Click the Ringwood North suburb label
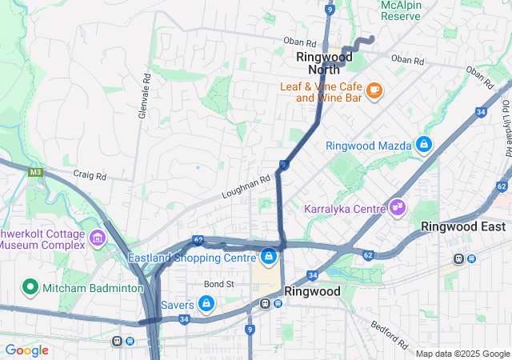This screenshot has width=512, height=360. coord(324,63)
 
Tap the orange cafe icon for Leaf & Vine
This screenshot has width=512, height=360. coord(374,90)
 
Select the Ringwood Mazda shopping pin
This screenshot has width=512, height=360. coord(423,145)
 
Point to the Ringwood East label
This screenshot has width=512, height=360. coord(463,226)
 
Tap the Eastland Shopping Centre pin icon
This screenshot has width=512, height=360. coord(269,257)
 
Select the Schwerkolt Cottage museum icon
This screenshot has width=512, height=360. coord(98,238)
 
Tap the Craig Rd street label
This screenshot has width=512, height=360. coord(89,174)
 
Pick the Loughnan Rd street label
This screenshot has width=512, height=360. coord(246,188)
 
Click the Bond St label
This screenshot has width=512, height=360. coord(218,284)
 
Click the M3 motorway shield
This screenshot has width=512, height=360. coord(34,171)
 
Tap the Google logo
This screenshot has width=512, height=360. coord(26,350)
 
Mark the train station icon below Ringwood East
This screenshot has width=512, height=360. coord(459,258)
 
